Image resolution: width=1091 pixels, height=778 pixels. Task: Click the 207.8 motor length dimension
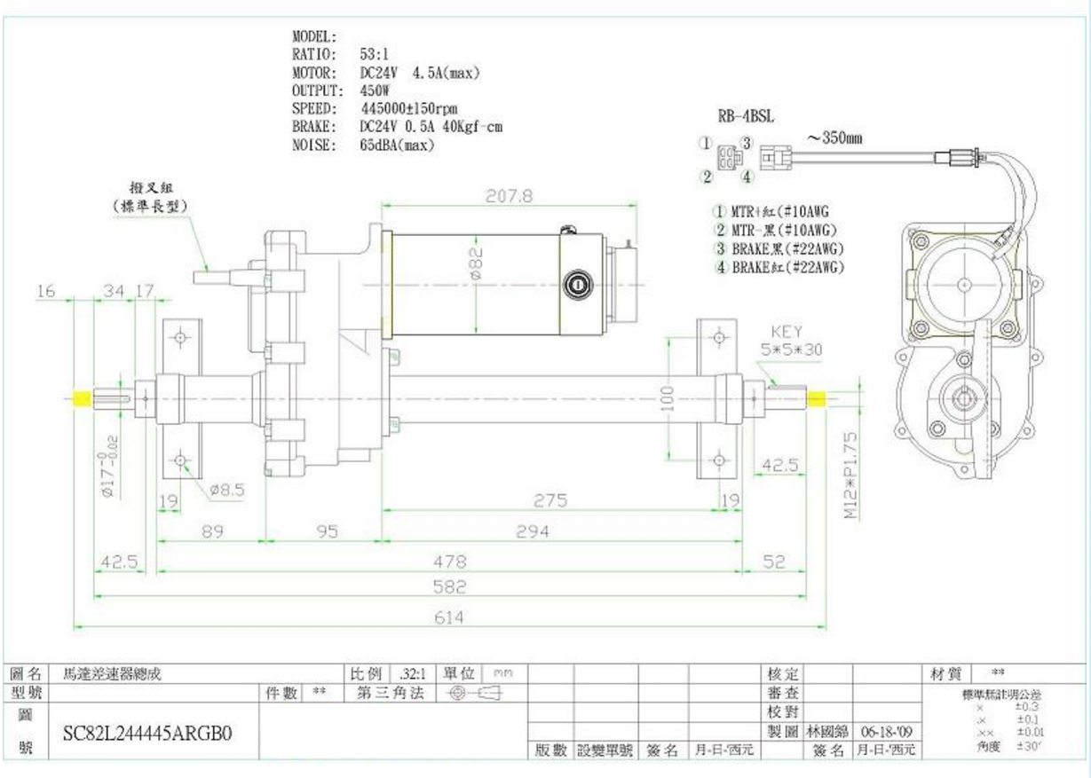[x=510, y=196]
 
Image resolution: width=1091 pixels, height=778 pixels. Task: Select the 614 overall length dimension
[x=447, y=617]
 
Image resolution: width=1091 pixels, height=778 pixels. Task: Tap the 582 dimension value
[x=449, y=586]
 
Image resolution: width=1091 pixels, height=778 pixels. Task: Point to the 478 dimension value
[x=449, y=562]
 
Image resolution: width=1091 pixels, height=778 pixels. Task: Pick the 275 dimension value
[x=550, y=501]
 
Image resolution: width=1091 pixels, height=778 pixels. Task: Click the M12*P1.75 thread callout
[x=850, y=475]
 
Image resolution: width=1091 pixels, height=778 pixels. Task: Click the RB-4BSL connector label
[x=745, y=116]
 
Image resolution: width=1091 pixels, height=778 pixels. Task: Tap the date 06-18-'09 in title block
[x=886, y=732]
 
